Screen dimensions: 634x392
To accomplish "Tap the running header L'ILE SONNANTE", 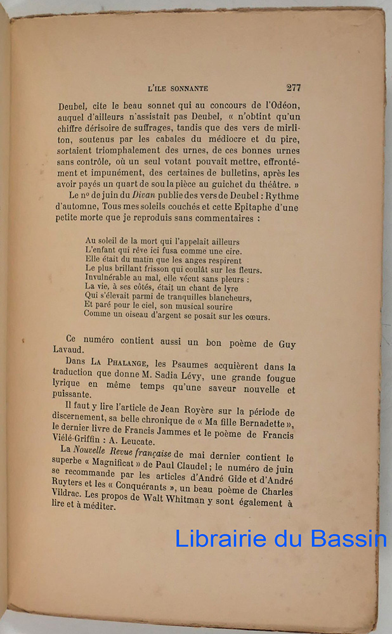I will pos(178,89).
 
